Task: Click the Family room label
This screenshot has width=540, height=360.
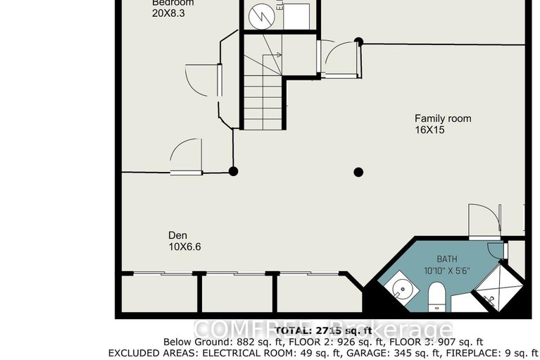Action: pos(442,118)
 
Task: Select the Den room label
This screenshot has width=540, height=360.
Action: pos(177,235)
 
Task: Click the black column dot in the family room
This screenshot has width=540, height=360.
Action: pos(358,171)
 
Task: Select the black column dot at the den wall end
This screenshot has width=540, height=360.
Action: pos(233,171)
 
